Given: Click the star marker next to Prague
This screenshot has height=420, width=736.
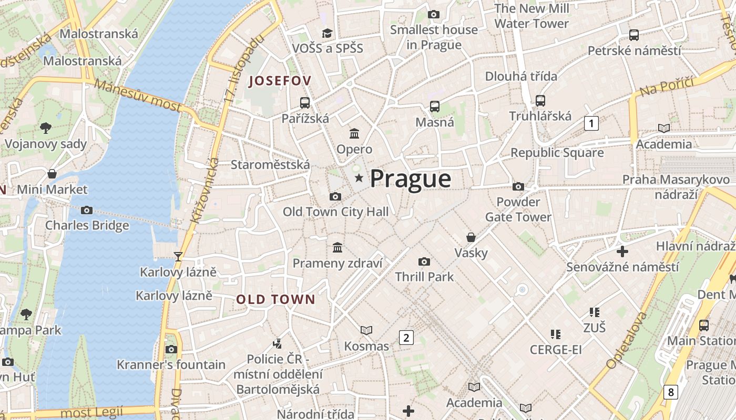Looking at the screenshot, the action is pos(359,178).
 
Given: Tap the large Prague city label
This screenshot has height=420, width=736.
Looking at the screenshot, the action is pos(411,179).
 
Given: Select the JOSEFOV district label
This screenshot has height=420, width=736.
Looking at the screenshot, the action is pos(280,81).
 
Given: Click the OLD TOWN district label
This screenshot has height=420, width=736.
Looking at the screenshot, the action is pos(275,300).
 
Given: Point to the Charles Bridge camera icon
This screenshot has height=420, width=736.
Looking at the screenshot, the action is pos(87,211).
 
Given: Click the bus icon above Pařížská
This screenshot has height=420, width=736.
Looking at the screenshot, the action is pos(305,102).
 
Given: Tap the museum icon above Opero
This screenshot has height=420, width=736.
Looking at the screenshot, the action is pos(354,133).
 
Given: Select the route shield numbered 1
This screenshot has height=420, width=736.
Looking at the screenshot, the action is pos(591,124).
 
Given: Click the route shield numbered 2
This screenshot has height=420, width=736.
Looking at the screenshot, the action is pos(406,338).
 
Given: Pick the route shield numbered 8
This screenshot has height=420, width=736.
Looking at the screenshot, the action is pos(670,392).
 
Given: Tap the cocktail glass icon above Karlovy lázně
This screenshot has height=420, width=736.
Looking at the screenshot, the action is pos(178,256).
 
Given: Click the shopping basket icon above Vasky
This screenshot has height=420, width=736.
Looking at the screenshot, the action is pos(471,237).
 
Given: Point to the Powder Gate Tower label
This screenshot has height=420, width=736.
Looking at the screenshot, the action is pos(518,209).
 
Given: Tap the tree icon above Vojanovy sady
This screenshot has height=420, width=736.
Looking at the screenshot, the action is pos(46,128).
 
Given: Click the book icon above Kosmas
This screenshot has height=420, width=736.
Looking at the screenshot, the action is pos(366,330).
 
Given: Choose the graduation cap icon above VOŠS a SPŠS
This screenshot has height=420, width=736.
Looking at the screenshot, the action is pos(328,33).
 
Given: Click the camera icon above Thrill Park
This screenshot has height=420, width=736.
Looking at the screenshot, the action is pos(424,261).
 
